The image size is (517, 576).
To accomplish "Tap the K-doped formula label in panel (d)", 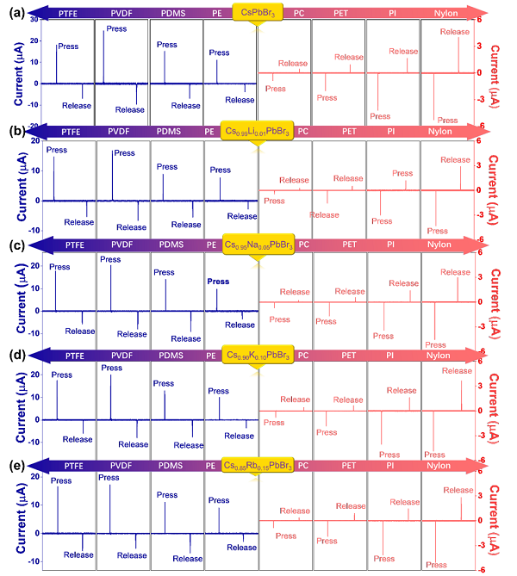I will coord(256,355).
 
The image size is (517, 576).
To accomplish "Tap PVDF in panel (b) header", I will coord(122,132).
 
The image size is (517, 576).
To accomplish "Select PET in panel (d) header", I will coord(349,356).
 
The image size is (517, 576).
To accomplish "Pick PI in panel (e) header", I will coord(391,466).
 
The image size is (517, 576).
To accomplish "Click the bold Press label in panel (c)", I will coord(219,282).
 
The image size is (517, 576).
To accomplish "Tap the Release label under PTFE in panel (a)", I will coord(78,106).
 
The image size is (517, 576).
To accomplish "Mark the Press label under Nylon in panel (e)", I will coord(437,565).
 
